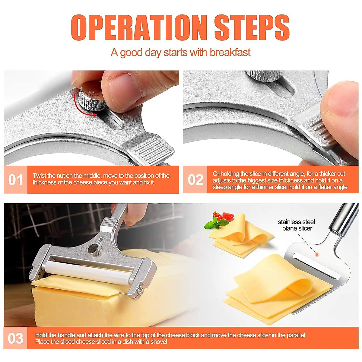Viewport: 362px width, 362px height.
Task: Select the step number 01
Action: pos(15,180)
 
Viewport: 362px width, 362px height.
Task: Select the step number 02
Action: pos(195,180)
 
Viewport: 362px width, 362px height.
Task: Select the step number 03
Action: pos(15,338)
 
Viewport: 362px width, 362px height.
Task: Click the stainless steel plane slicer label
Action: pos(297,225)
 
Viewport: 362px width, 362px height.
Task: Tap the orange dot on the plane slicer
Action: pos(317,255)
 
